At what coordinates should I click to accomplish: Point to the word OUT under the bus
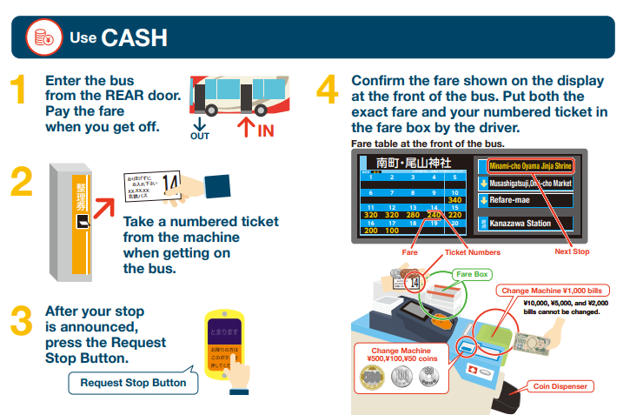(200, 137)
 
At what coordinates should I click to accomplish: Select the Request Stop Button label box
(133, 383)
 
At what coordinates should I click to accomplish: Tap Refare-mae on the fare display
(518, 200)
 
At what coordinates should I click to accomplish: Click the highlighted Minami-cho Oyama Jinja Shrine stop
(529, 165)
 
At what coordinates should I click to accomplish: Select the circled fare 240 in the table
(434, 215)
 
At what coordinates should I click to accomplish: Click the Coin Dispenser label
(560, 386)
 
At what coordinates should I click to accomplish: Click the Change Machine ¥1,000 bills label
(554, 291)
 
